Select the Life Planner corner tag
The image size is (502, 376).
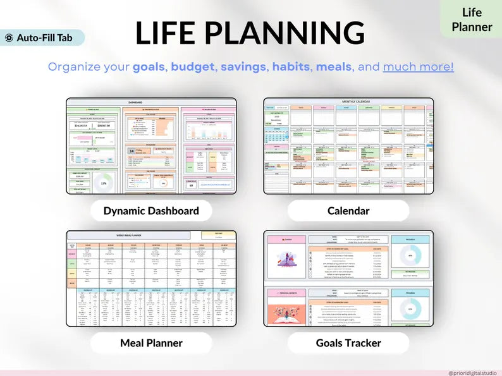point(471,20)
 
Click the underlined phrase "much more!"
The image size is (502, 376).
point(418,66)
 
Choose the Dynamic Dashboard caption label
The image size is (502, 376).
point(151,211)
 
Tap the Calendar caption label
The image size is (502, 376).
point(348,211)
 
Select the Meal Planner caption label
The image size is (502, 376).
point(151,343)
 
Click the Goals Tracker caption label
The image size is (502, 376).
point(348,343)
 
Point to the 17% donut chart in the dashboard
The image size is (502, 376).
point(103,183)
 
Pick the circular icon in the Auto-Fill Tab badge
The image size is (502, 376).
point(9,37)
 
